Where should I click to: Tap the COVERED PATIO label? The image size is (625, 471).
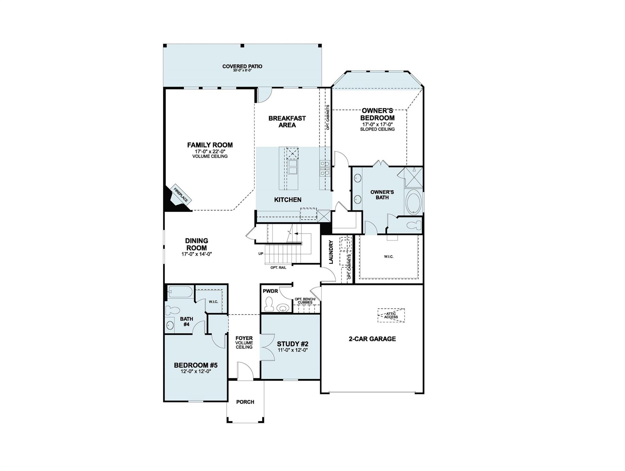[x=242, y=66]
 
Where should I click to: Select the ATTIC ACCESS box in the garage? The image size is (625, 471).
[x=391, y=315]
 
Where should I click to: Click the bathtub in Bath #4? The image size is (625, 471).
[x=180, y=292]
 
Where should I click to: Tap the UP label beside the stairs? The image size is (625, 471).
[x=261, y=254]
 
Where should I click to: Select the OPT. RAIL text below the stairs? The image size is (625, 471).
[x=278, y=268]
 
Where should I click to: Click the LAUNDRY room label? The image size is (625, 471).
[x=331, y=252]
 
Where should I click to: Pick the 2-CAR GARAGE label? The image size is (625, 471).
[x=372, y=339]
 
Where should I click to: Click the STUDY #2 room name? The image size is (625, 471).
[x=292, y=344]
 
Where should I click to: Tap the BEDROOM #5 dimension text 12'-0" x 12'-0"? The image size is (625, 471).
[x=196, y=371]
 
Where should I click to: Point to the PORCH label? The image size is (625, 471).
[x=245, y=402]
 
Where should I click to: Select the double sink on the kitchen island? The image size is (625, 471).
[x=292, y=167]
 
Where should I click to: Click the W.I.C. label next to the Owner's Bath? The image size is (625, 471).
[x=389, y=256]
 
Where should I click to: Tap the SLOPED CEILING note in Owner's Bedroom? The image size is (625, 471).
[x=377, y=129]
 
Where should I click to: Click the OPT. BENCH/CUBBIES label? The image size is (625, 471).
[x=305, y=301]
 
